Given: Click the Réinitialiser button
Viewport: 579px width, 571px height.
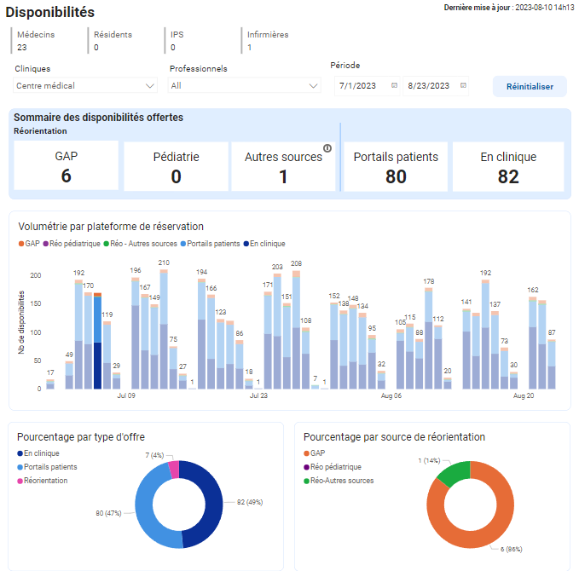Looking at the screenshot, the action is click(530, 86).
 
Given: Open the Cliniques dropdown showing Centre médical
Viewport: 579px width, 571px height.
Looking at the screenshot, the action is click(85, 85).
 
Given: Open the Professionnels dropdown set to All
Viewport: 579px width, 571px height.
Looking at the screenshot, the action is click(244, 85).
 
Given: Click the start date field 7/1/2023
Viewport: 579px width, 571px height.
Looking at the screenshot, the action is click(367, 85).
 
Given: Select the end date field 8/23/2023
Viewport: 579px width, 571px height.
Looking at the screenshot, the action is click(436, 85).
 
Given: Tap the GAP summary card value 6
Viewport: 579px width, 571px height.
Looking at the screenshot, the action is click(67, 176).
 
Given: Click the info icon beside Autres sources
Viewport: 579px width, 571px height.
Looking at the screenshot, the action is click(327, 148).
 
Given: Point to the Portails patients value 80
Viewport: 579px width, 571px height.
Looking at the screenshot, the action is click(396, 176).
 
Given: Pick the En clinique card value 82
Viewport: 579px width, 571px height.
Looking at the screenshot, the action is click(508, 176).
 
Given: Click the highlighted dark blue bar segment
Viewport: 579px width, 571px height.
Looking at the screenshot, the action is click(97, 366).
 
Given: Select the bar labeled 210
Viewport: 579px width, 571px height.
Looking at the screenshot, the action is click(164, 329).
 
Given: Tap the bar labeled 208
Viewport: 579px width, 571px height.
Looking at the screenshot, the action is click(296, 330).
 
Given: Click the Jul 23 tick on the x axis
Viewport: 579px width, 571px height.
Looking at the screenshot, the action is click(258, 395).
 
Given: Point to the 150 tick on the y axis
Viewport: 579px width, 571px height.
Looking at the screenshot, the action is click(36, 303).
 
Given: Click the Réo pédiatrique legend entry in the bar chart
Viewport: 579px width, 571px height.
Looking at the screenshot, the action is click(72, 244).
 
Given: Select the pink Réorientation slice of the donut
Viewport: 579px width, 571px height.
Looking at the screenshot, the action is click(174, 470).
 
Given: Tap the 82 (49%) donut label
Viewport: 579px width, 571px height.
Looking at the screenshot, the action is click(250, 502).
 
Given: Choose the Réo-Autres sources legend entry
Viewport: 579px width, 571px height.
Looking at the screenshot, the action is click(339, 481).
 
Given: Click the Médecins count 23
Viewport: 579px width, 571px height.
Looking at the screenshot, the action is click(22, 47).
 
